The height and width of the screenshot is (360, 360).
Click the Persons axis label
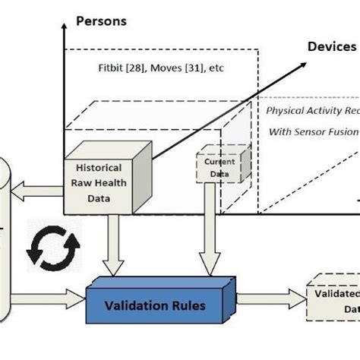click(x=100, y=21)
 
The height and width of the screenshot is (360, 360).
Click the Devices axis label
click(x=331, y=47)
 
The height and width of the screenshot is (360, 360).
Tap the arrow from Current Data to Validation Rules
click(x=207, y=235)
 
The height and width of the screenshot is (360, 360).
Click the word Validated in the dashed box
click(x=335, y=292)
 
